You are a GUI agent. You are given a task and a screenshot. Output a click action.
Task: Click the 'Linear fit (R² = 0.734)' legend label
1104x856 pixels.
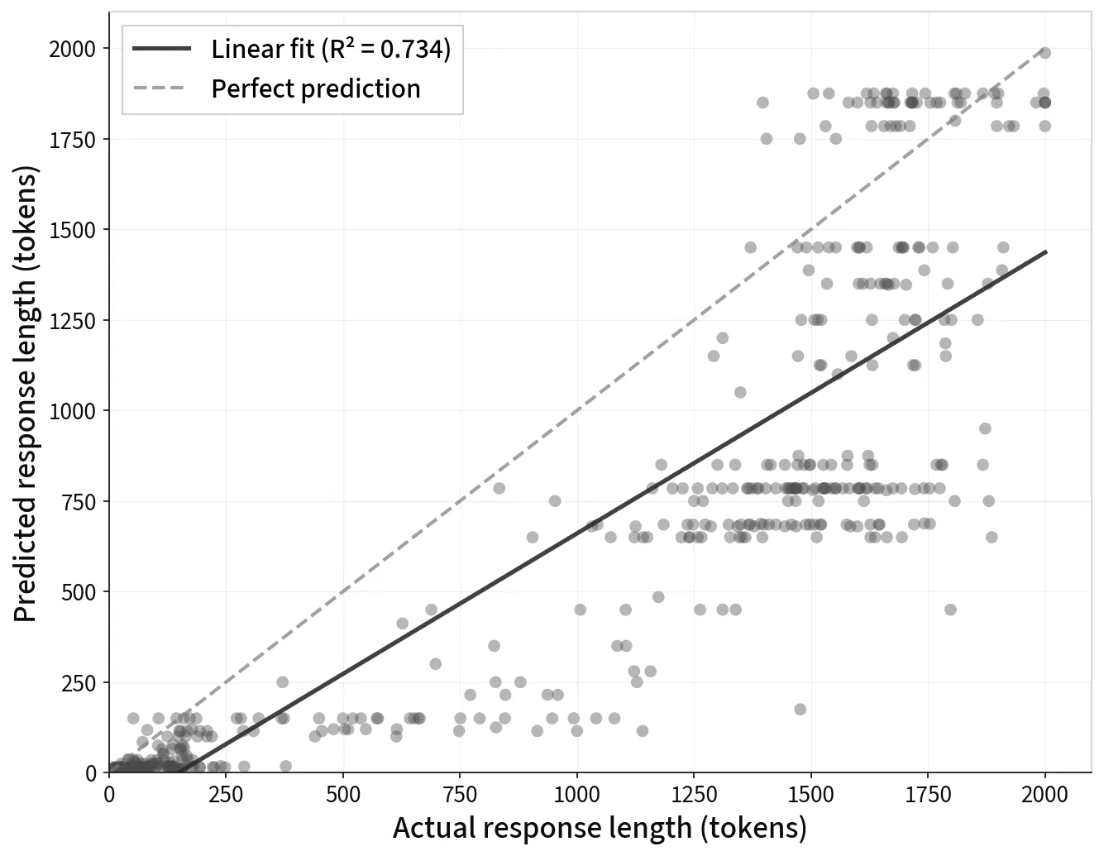pyautogui.click(x=331, y=50)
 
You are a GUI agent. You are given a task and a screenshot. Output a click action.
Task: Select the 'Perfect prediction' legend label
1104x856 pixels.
pyautogui.click(x=316, y=89)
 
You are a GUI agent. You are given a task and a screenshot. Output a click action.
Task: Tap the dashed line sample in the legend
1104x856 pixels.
pyautogui.click(x=162, y=89)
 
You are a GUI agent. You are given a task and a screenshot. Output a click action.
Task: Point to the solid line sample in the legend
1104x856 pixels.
pyautogui.click(x=162, y=50)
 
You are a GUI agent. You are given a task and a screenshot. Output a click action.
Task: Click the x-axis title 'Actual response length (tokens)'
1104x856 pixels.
pyautogui.click(x=600, y=828)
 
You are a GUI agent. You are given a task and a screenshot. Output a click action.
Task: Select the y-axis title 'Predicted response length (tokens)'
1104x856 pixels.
pyautogui.click(x=26, y=394)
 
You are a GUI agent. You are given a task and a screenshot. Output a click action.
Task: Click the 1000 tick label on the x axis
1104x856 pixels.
pyautogui.click(x=577, y=795)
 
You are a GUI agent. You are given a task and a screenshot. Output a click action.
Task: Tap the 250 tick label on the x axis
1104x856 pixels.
pyautogui.click(x=226, y=795)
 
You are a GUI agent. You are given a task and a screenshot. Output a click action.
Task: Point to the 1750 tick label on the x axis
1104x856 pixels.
pyautogui.click(x=928, y=795)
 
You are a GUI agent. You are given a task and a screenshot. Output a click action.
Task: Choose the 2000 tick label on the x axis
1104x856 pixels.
pyautogui.click(x=1045, y=795)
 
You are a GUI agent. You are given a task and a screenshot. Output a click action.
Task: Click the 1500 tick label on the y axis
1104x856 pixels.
pyautogui.click(x=73, y=230)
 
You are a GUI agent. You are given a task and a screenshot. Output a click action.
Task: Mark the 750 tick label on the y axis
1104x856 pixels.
pyautogui.click(x=79, y=502)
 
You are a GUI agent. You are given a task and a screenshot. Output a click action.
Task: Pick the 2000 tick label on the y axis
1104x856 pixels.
pyautogui.click(x=73, y=50)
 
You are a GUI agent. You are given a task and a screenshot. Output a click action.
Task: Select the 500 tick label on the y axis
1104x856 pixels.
pyautogui.click(x=79, y=592)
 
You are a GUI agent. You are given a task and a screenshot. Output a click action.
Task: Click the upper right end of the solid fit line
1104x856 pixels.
pyautogui.click(x=1046, y=251)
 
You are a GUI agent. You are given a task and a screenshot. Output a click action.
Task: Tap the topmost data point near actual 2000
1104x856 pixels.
pyautogui.click(x=1045, y=53)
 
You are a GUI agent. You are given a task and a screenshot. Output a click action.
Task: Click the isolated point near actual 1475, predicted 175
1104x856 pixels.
pyautogui.click(x=800, y=710)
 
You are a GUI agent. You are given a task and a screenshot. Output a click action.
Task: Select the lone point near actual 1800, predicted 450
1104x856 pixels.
pyautogui.click(x=950, y=610)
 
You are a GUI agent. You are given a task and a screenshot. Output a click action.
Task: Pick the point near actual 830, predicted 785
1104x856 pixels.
pyautogui.click(x=499, y=488)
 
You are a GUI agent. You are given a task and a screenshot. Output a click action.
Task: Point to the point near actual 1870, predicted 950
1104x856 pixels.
pyautogui.click(x=985, y=428)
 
